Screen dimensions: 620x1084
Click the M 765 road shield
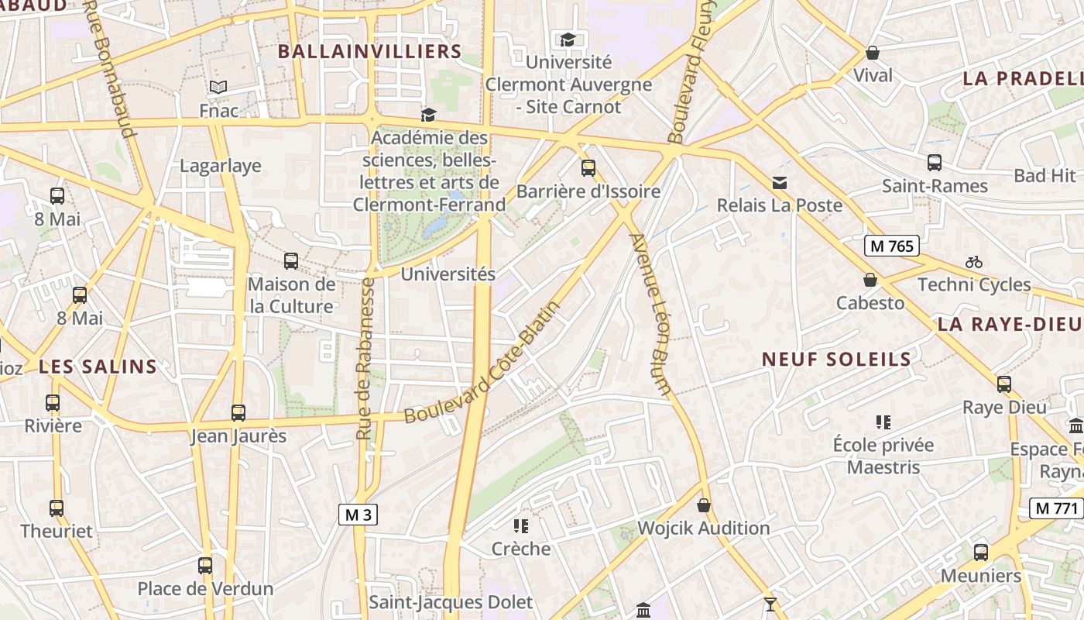(x=891, y=246)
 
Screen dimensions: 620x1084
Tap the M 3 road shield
(x=358, y=515)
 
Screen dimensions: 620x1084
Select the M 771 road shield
(x=1056, y=508)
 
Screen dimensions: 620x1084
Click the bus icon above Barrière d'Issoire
(x=588, y=167)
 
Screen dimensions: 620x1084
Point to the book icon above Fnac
(x=218, y=88)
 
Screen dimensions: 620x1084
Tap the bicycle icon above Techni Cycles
(x=974, y=262)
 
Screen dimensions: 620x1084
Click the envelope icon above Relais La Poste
(x=780, y=183)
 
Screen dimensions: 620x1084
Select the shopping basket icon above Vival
(x=873, y=53)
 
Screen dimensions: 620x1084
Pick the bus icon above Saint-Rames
(x=935, y=163)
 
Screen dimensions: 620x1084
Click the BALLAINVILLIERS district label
(x=369, y=52)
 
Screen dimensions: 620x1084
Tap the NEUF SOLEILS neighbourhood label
(x=836, y=359)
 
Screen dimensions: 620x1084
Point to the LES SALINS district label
(x=98, y=367)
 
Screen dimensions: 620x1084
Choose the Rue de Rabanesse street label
(x=365, y=359)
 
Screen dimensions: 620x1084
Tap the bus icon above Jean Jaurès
(x=238, y=413)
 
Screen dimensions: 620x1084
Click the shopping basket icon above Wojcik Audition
(x=704, y=505)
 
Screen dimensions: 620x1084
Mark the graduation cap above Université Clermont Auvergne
(x=568, y=39)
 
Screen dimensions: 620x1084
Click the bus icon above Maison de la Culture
(x=291, y=261)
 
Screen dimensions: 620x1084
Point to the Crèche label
(x=521, y=549)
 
